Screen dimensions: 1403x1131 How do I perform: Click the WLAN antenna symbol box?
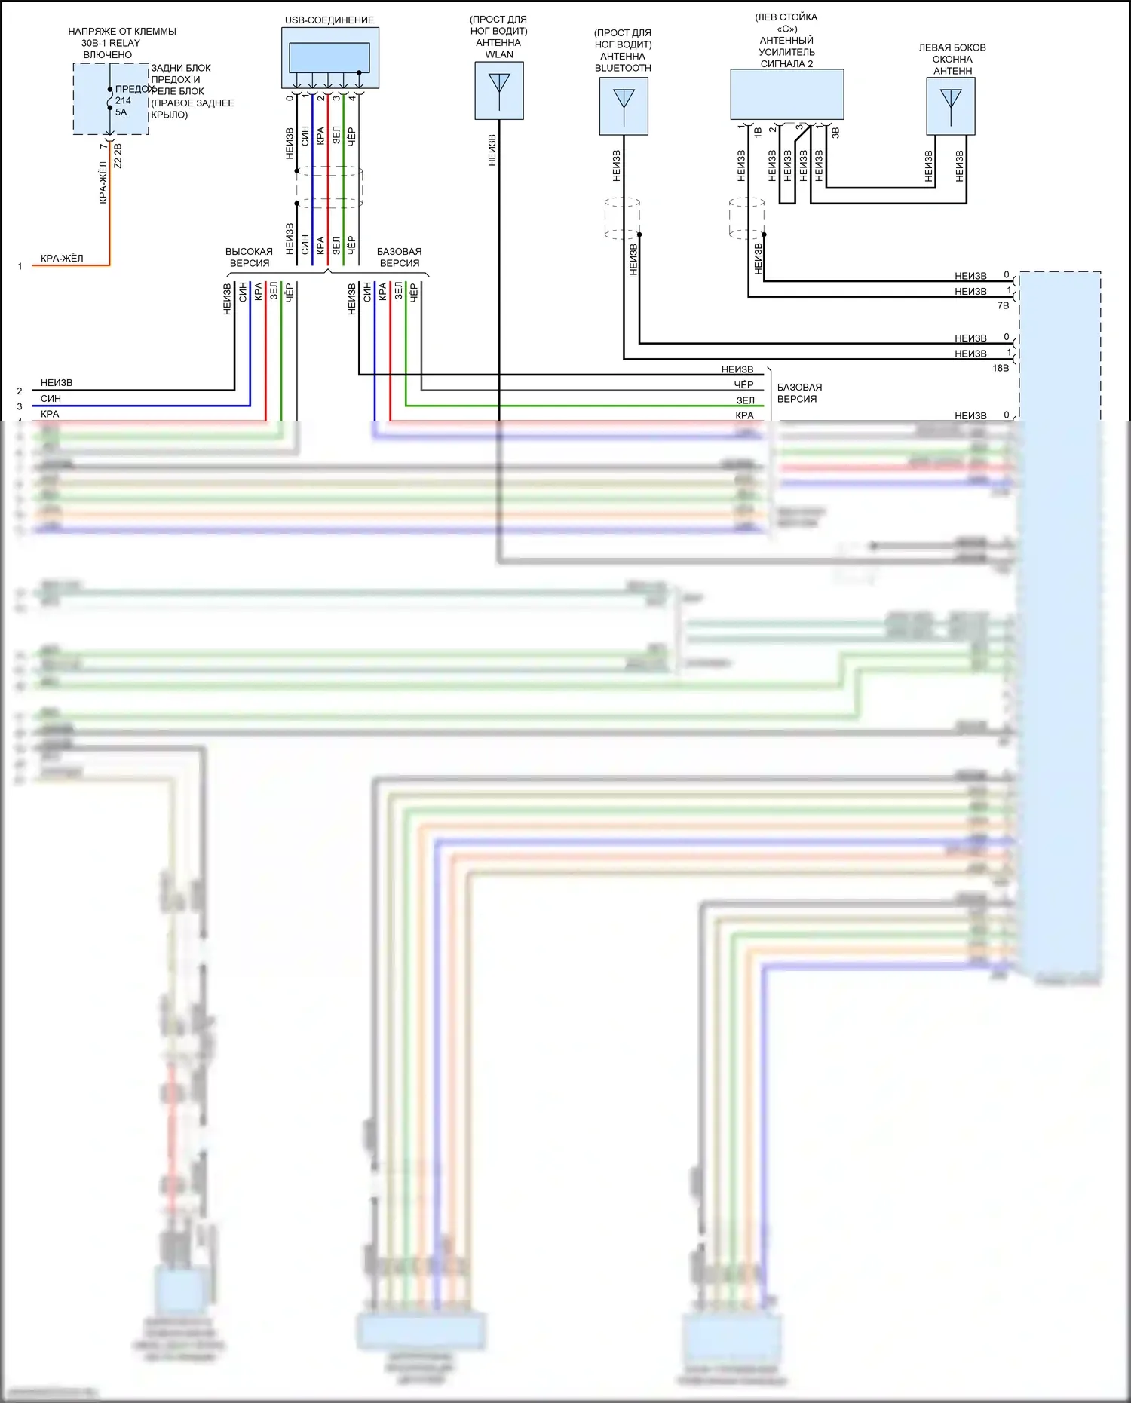pos(499,90)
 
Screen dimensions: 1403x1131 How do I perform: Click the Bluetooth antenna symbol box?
pos(624,106)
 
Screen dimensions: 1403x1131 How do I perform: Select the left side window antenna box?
pos(951,106)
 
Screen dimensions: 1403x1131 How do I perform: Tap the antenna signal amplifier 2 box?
pos(786,94)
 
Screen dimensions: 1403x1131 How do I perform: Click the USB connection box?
pos(330,58)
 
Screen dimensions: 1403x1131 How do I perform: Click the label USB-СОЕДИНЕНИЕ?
pos(329,20)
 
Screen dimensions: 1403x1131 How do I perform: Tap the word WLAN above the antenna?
pos(499,54)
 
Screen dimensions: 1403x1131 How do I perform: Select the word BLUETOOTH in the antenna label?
pos(623,68)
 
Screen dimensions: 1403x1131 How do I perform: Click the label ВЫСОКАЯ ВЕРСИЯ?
pos(249,257)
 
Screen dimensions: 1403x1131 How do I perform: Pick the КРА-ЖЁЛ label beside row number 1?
pos(62,259)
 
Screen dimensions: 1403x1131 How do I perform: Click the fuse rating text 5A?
pos(121,112)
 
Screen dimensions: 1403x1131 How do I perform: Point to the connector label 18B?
pos(1001,368)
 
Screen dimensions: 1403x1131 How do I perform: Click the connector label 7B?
pos(1003,305)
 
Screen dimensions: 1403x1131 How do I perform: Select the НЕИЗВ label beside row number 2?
pos(57,383)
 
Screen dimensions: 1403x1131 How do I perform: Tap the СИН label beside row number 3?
pos(51,398)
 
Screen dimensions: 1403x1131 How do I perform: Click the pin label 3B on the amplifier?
pos(835,133)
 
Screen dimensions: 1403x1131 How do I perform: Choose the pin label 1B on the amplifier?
pos(758,133)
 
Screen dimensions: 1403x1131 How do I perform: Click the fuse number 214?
pos(123,100)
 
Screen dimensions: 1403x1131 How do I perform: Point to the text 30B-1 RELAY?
pos(111,43)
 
